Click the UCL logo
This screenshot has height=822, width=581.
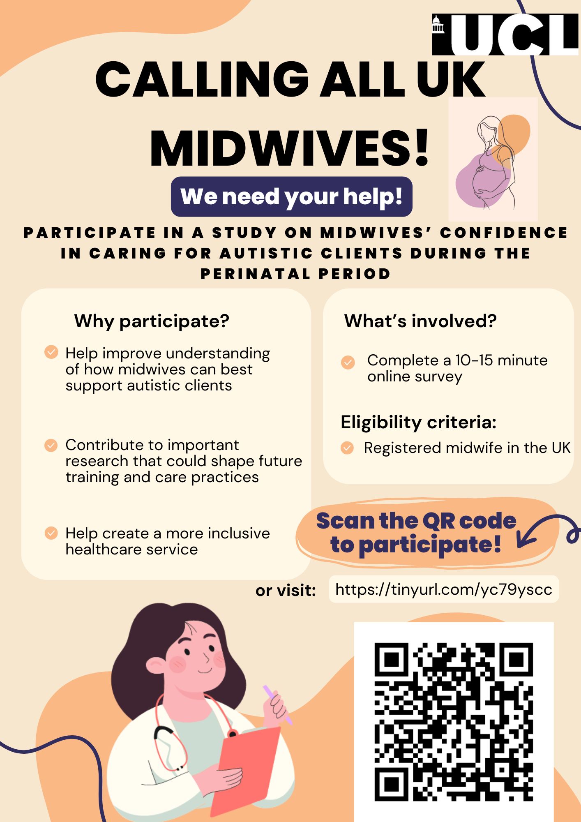coord(505,35)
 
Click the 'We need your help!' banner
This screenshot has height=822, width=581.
coord(291,196)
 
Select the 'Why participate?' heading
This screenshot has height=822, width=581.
coord(152,321)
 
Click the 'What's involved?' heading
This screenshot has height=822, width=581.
coord(420,321)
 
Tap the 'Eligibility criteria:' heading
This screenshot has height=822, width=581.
coord(418,422)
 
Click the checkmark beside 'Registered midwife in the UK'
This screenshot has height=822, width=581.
coord(347,448)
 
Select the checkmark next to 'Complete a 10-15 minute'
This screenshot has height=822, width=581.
coord(348,362)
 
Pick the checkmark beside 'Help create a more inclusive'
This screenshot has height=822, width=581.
coord(51,533)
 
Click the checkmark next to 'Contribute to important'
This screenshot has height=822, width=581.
coord(51,445)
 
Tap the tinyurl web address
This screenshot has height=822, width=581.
coord(443,589)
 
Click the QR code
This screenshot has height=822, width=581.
coord(454,722)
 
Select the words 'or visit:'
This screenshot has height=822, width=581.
coord(286,591)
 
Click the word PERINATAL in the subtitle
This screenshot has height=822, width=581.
coord(254,274)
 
